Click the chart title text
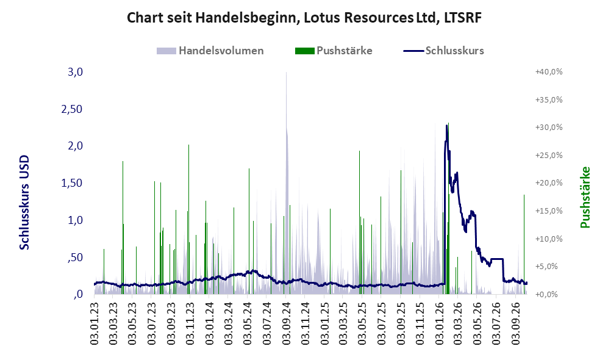pos(304,18)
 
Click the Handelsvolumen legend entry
pos(210,51)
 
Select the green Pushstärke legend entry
pos(334,51)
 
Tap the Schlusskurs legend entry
pos(443,51)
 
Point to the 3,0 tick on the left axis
pos(75,72)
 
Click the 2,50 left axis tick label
pos(72,109)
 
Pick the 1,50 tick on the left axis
pos(72,183)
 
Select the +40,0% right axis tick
pos(549,72)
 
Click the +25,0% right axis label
pos(549,155)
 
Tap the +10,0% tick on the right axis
pos(549,239)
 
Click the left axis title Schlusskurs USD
pos(24,202)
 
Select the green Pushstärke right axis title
pos(585,197)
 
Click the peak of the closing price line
pos(446,126)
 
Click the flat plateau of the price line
pos(497,259)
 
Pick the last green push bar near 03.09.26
pos(524,245)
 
